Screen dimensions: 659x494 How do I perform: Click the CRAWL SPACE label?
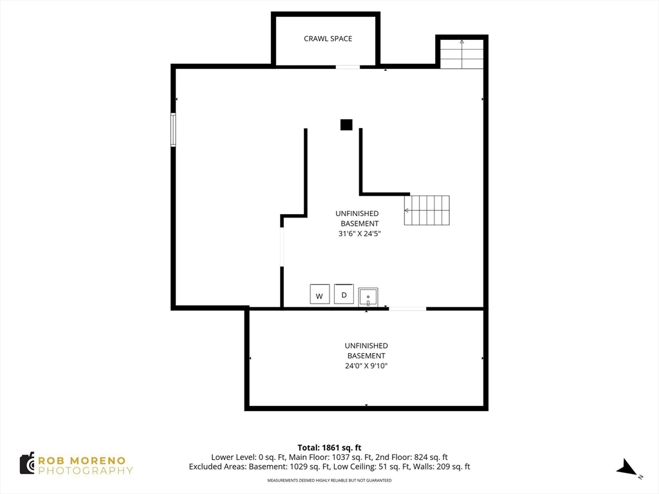tap(328, 39)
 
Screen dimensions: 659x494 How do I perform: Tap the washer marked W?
tap(319, 294)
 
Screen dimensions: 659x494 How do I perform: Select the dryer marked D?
tap(344, 293)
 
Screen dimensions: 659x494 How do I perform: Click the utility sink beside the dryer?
tap(368, 297)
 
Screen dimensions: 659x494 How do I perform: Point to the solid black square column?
tap(346, 125)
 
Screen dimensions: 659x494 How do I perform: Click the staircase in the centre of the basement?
tap(427, 210)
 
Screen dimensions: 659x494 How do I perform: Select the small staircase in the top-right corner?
tap(462, 54)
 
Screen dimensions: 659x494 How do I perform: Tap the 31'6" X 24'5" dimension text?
tap(359, 233)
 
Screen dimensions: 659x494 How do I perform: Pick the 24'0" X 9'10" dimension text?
tap(366, 366)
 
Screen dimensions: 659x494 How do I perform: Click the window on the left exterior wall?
tap(173, 130)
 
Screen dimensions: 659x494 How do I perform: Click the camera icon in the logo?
tap(27, 463)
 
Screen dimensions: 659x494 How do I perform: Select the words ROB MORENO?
tap(82, 461)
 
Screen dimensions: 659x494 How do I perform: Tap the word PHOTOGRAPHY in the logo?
tap(86, 471)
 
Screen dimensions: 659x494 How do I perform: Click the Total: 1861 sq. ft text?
tap(329, 448)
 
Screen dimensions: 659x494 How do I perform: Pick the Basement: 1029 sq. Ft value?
tap(290, 467)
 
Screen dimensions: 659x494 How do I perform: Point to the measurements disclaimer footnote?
tap(329, 480)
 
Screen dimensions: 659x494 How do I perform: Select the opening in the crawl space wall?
tap(348, 67)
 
